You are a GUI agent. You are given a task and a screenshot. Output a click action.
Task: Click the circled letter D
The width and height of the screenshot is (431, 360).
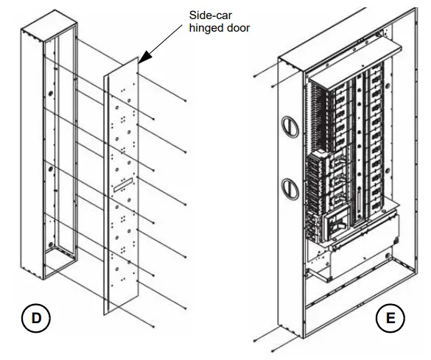pos(35,318)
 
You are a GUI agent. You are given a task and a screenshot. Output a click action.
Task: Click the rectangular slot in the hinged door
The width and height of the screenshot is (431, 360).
pos(122,184)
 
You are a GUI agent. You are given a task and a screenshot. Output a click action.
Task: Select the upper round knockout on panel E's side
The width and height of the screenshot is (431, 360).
pos(289,125)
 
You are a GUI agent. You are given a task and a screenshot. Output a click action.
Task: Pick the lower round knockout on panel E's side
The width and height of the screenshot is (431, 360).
pos(289,185)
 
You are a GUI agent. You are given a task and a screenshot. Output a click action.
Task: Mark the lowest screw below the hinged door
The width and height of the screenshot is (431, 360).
pos(151,326)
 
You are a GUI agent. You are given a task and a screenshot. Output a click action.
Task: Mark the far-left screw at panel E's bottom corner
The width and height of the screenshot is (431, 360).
pos(254,341)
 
